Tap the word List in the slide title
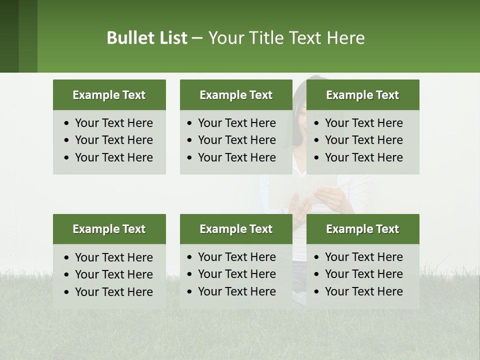coord(171,38)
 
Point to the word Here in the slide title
coord(345,38)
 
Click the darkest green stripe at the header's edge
coord(9,36)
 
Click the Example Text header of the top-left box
coord(109,95)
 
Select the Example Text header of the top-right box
coord(362,95)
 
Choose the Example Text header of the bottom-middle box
coord(236,229)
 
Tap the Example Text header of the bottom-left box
coord(109,229)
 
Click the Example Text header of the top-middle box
coord(236,95)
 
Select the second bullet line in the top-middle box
coord(236,140)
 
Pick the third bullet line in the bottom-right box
coord(363,291)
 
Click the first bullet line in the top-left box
coord(113,123)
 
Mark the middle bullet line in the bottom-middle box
coord(236,274)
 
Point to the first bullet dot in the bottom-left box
coord(67,258)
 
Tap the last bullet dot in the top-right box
coord(316,158)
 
